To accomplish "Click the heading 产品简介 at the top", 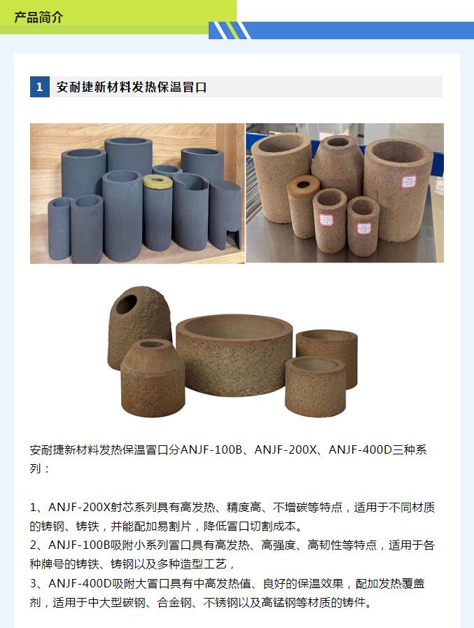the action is click(x=39, y=18).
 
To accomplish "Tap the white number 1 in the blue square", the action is click(x=40, y=87).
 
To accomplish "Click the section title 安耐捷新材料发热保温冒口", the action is click(x=132, y=87).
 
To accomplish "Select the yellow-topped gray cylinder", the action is click(x=158, y=212).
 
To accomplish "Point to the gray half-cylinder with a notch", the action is click(x=225, y=214).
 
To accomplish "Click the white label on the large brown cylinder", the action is click(x=409, y=182).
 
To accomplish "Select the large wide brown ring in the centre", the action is click(x=235, y=354).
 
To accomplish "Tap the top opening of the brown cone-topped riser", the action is click(x=152, y=344).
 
